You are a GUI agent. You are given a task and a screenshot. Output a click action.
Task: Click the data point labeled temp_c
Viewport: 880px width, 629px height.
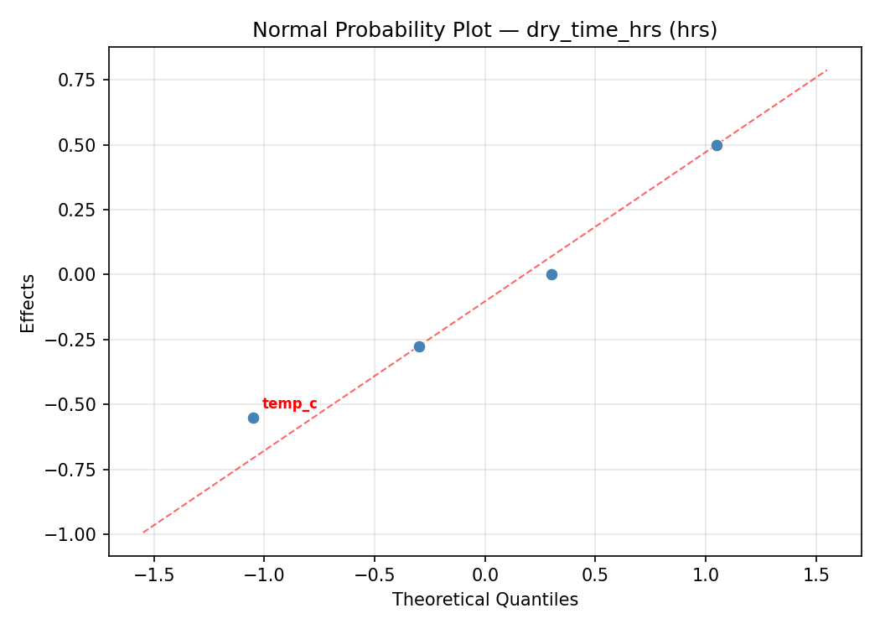click(253, 418)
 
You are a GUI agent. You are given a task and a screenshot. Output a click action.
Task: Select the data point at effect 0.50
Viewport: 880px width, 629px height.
click(717, 145)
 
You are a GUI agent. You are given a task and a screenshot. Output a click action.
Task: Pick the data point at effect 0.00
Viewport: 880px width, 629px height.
click(551, 274)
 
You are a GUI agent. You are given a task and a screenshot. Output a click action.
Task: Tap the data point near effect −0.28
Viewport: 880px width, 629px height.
click(419, 346)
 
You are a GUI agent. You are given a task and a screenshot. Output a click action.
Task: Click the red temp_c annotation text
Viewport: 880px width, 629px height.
click(289, 404)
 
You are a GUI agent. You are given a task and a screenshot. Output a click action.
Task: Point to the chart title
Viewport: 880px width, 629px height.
click(484, 30)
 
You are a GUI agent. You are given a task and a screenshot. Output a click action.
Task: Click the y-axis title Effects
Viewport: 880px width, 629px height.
click(28, 303)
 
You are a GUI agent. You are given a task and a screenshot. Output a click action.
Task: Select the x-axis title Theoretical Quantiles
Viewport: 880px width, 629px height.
click(484, 600)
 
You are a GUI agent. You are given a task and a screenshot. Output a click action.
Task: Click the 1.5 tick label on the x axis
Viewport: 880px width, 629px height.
click(816, 575)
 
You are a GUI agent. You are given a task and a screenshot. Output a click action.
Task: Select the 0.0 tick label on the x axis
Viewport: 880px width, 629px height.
click(484, 575)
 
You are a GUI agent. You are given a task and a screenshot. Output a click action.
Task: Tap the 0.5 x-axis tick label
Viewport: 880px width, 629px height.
click(595, 575)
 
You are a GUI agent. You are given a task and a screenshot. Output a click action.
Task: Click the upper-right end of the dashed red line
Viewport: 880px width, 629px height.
click(826, 70)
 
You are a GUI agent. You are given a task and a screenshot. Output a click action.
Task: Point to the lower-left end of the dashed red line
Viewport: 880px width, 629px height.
click(143, 532)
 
